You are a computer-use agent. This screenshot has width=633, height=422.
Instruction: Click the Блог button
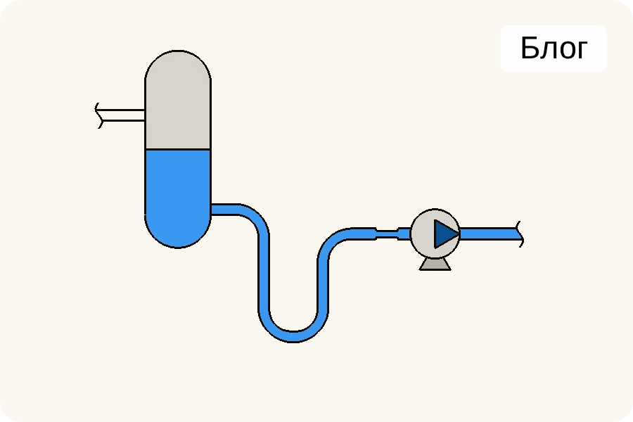(x=553, y=49)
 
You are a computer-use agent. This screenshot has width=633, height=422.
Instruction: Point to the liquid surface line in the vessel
(x=178, y=149)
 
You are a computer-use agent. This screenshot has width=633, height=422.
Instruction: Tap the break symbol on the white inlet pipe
(x=99, y=116)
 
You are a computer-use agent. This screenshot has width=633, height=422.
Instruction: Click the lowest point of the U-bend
(x=293, y=336)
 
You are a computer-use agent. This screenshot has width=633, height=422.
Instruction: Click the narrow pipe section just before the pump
(x=388, y=234)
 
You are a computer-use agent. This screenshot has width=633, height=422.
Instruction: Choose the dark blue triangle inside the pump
(x=444, y=234)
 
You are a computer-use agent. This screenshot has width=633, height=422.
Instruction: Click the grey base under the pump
(x=435, y=264)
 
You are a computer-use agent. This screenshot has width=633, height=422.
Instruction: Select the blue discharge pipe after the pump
(x=489, y=234)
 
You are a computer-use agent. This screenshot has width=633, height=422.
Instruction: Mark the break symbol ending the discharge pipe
(x=520, y=234)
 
